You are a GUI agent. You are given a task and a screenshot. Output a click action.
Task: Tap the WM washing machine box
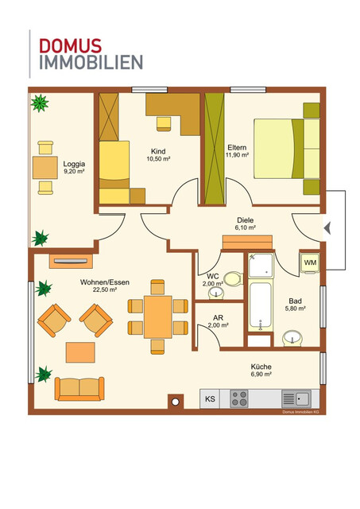click(x=310, y=262)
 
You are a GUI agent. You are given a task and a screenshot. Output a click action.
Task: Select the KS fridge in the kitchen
click(x=210, y=398)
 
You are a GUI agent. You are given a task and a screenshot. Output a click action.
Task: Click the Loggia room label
click(x=74, y=165)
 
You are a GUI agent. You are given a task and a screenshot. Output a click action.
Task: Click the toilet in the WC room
click(x=231, y=279)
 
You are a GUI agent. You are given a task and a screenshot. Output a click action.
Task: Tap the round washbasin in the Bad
click(x=292, y=340)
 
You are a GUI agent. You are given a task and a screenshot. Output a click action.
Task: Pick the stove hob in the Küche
click(x=241, y=398)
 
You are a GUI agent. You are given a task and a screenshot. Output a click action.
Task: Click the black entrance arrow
click(x=328, y=229)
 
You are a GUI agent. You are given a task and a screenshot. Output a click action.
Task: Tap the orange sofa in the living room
click(x=79, y=388)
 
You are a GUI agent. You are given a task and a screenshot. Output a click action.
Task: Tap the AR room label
click(x=217, y=317)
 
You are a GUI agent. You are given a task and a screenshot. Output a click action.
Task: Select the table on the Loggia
click(x=45, y=167)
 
